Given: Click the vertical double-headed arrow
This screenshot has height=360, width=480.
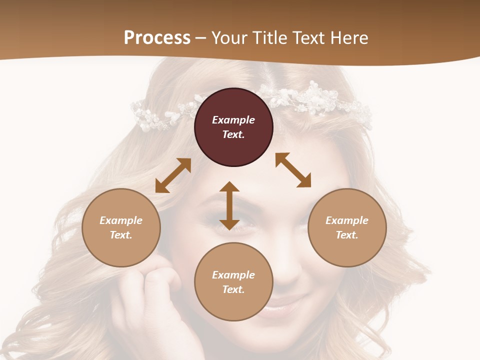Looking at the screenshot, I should (x=229, y=205).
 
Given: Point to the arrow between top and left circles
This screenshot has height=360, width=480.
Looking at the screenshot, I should (x=173, y=175).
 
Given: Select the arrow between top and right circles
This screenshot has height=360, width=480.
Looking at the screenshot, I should (x=293, y=170).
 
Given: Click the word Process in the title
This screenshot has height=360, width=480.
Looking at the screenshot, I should (x=157, y=37).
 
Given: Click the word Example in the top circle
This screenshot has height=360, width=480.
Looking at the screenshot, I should (x=233, y=120).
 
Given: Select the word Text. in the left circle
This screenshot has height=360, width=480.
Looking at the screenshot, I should (x=121, y=235).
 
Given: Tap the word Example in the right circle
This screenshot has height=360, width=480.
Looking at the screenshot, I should (x=347, y=220).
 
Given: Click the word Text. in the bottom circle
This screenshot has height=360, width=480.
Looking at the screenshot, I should (x=233, y=289).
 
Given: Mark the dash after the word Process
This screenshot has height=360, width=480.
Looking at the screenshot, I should (x=201, y=38).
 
